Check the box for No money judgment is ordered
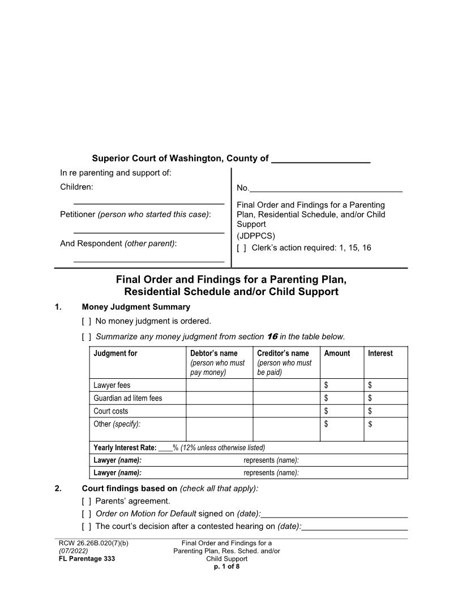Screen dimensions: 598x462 point(87,322)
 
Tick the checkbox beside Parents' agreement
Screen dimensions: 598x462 point(87,501)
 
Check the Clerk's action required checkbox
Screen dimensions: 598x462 point(241,248)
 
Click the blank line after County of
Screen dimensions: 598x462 point(320,159)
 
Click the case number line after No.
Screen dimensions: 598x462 point(326,189)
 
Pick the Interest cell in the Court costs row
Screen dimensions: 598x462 point(386,411)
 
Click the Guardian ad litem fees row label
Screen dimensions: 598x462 point(127,398)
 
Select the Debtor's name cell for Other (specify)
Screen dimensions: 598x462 point(219,429)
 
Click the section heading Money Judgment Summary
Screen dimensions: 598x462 point(136,307)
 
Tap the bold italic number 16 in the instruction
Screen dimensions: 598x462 point(272,336)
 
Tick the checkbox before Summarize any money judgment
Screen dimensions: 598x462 point(87,337)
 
